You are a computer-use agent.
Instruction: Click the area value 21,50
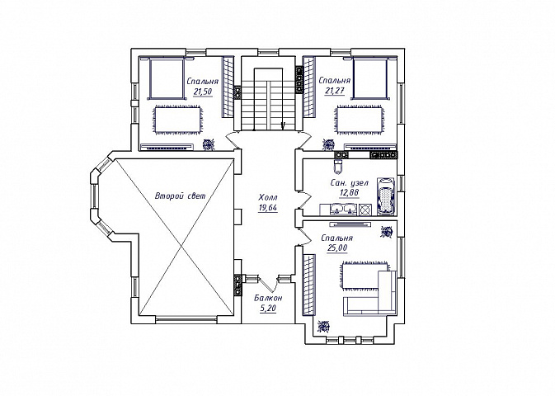coord(203,92)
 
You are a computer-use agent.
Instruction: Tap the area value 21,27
coord(334,91)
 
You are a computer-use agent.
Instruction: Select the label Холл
coord(268,197)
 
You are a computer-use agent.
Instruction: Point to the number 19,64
coord(268,208)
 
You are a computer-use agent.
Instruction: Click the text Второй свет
coord(180,196)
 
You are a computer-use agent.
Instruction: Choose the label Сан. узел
coord(349,183)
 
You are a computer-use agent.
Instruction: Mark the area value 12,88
coord(349,193)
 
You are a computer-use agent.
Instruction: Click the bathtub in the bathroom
coord(385,196)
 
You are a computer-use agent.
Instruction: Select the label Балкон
coord(268,298)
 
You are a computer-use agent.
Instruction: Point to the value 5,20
coord(268,309)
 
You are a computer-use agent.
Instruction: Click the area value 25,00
coord(337,248)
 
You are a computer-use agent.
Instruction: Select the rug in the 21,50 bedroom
coord(177,120)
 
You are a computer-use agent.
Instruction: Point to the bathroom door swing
coord(305,200)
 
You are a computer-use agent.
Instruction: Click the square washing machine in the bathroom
coord(365,210)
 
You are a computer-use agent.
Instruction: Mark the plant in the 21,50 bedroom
coord(209,144)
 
